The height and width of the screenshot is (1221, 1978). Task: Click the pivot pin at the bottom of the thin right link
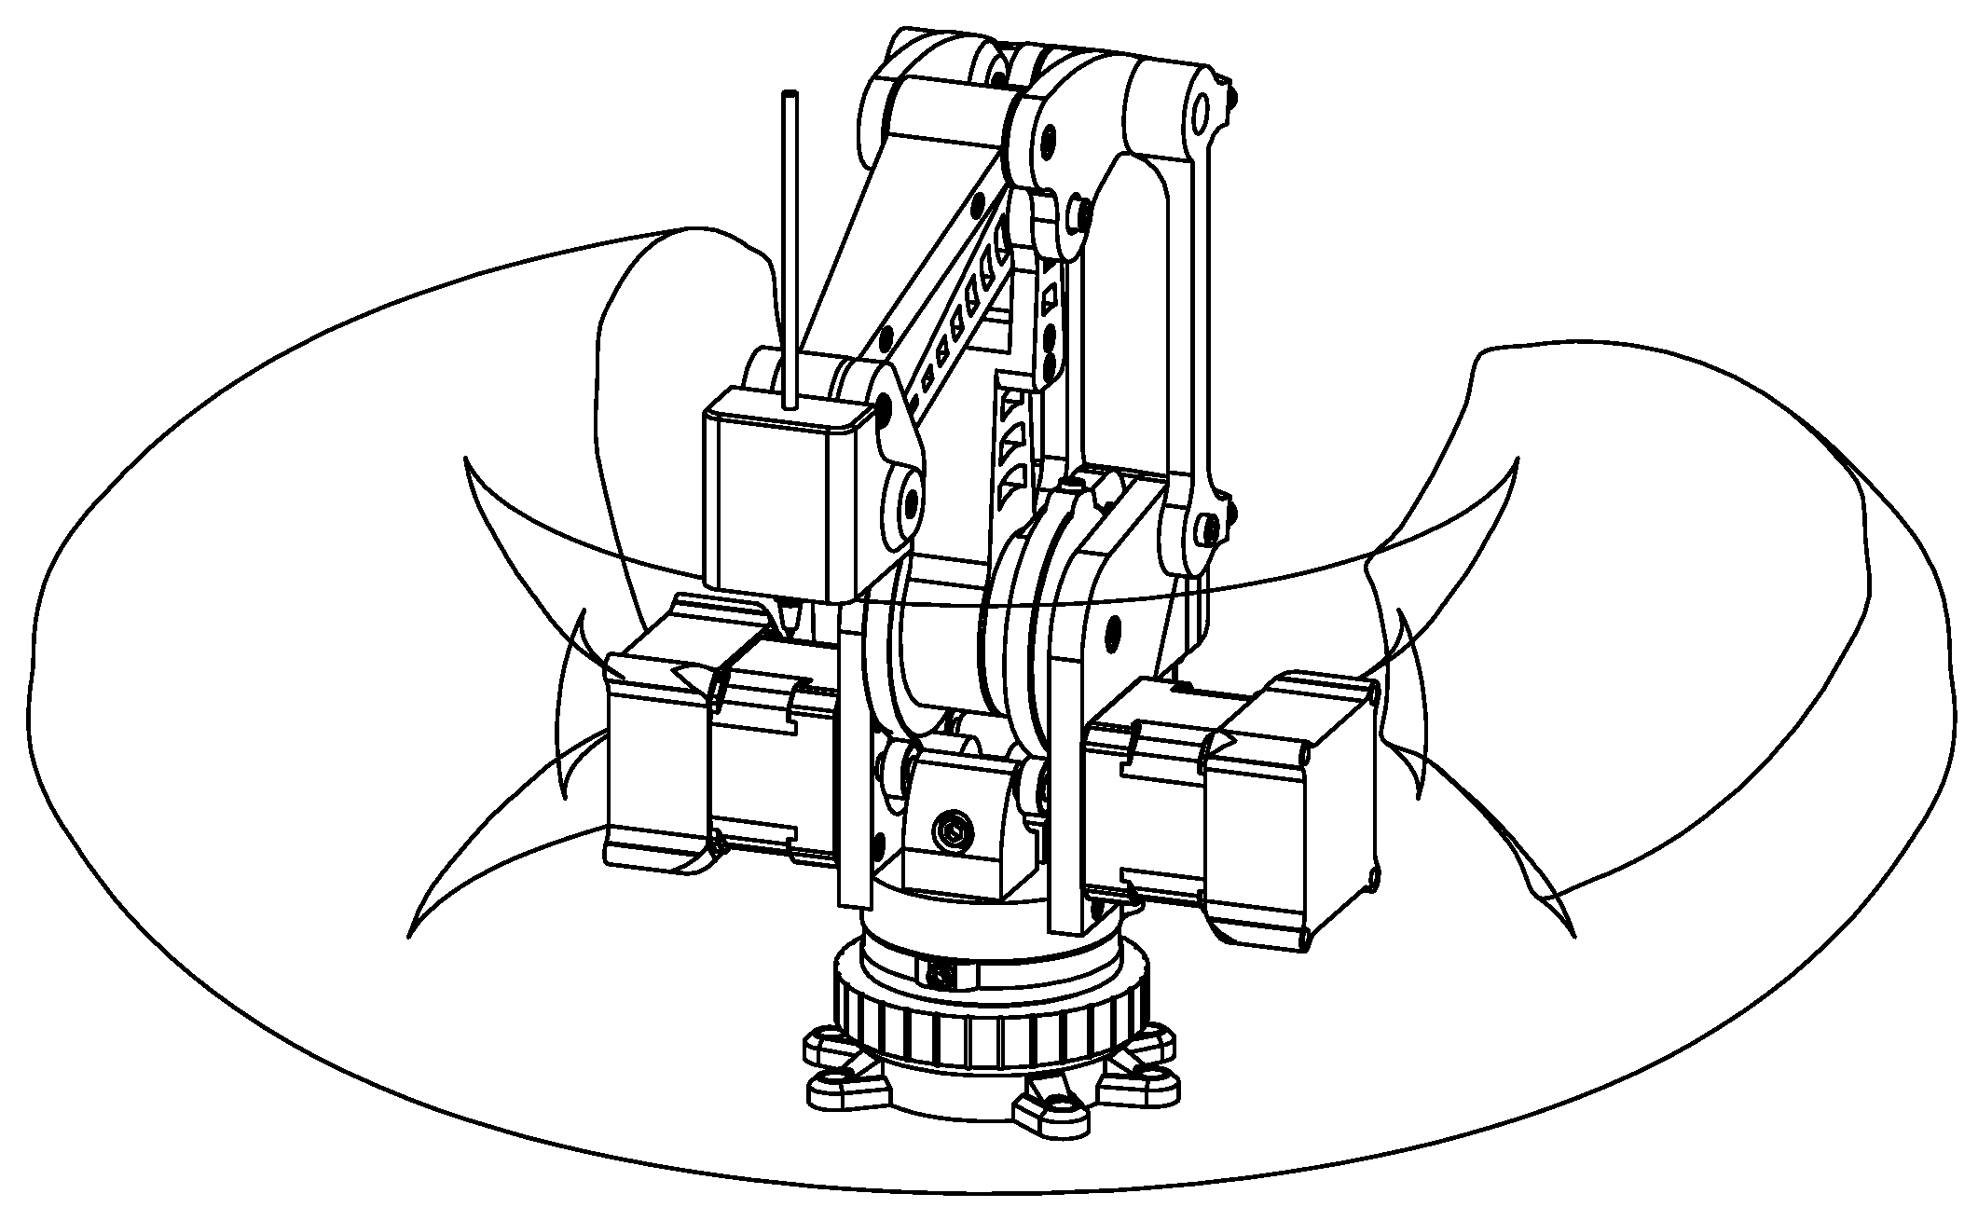1210,531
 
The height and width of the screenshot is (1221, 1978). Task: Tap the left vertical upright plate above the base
854,774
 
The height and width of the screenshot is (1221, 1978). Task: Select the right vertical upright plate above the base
1068,792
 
